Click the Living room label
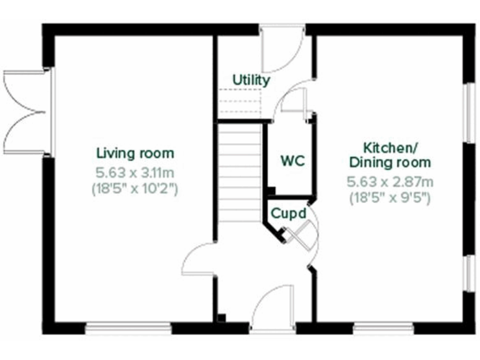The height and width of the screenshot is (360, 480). (135, 153)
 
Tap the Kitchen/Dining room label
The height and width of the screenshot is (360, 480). (390, 156)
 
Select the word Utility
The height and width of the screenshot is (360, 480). (251, 80)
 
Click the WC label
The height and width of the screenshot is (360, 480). (292, 161)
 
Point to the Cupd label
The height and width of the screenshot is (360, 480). (288, 214)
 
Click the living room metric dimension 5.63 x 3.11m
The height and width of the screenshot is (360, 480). (135, 171)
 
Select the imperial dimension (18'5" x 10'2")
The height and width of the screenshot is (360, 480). (135, 187)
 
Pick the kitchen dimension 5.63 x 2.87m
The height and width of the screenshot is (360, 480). (390, 182)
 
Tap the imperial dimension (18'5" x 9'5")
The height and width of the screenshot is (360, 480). (390, 199)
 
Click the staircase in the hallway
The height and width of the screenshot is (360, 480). (239, 172)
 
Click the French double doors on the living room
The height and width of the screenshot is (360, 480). (25, 112)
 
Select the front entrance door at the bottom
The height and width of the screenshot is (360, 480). (273, 309)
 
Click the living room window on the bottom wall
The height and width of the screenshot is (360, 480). (128, 327)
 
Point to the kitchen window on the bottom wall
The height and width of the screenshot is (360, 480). (383, 327)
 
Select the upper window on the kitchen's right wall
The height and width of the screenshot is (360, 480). (467, 112)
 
